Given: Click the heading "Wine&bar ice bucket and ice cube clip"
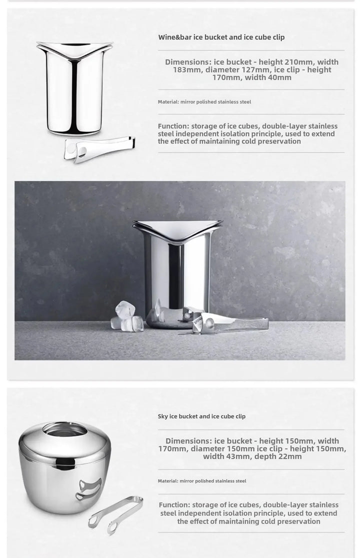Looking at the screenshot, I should pos(221,37).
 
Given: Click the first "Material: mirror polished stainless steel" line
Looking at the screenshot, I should pos(204,102).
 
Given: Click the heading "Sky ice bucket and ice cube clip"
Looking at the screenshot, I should pos(201,416).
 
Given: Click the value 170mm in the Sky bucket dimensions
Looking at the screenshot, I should pos(175,449).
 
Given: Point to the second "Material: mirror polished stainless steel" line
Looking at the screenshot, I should pos(202,481).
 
